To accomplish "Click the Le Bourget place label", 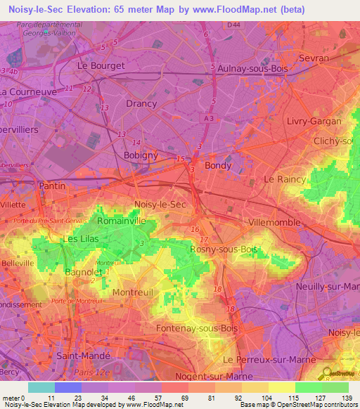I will (100, 65).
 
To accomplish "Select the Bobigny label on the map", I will (141, 155).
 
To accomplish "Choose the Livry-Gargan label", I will (314, 121).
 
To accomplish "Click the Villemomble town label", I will (275, 222).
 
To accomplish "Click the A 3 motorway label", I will (208, 120).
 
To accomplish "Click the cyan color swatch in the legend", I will (41, 387).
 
